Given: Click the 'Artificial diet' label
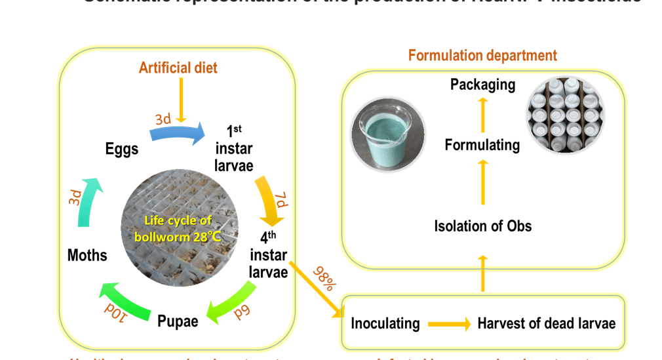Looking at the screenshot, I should (178, 68).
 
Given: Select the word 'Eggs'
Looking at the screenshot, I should (122, 149).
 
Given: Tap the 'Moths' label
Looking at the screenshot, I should (87, 254).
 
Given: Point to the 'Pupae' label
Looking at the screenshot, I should (178, 321).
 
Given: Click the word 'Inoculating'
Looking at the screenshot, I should (385, 323).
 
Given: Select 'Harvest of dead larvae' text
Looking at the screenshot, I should (546, 323).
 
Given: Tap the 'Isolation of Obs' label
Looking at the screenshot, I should (482, 226).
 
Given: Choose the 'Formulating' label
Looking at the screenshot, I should (482, 145).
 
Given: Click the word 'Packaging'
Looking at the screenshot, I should (482, 85).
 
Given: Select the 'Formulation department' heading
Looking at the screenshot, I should (482, 55).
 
